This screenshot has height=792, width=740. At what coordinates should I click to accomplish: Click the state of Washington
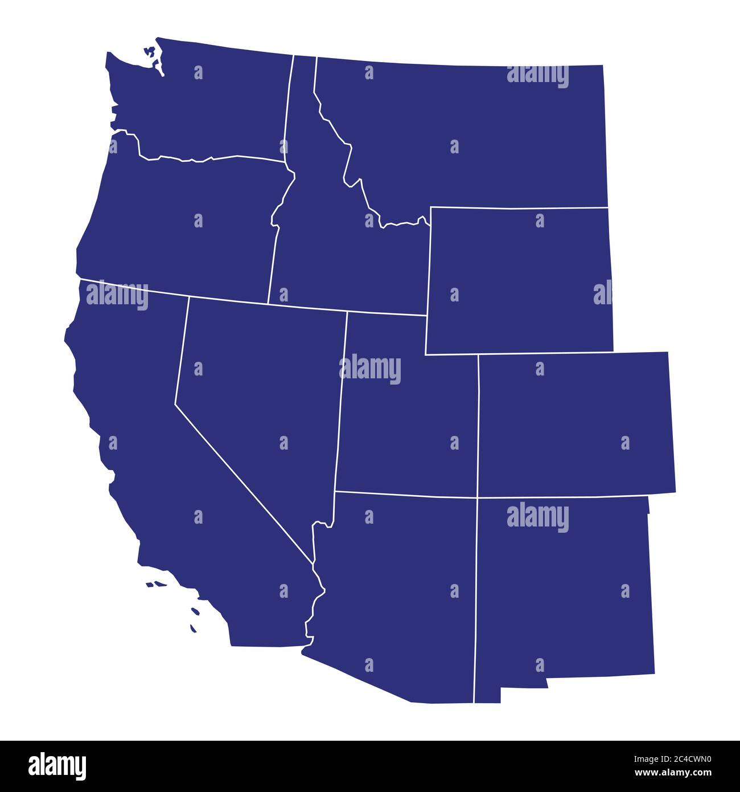216,103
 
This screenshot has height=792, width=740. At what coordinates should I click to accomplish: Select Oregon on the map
182,222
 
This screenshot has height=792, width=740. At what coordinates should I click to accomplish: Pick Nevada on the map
256,387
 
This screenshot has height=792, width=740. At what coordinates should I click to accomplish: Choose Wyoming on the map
518,279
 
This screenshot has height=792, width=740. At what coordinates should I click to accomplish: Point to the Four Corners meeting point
477,497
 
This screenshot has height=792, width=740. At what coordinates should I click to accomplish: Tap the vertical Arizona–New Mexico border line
475,598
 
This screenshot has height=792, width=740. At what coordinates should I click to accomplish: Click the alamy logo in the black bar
57,766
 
